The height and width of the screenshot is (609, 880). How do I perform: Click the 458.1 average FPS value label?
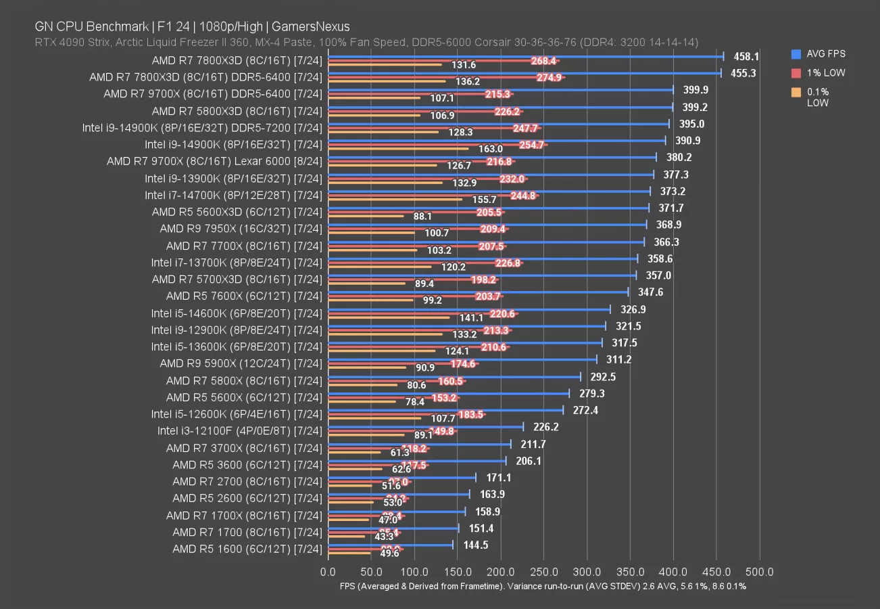[746, 57]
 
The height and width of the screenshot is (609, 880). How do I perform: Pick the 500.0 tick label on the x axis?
[760, 572]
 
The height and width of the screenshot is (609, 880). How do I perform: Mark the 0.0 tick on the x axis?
[328, 572]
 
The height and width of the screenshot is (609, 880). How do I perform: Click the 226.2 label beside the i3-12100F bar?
[545, 427]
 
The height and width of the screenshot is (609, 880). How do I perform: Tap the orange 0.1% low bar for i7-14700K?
[395, 200]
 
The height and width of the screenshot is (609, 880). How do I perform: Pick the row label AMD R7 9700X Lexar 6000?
[214, 162]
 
